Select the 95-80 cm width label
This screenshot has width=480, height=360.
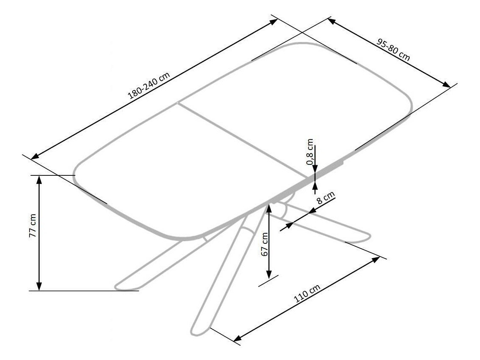(x=393, y=50)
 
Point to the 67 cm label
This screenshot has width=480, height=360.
(x=265, y=244)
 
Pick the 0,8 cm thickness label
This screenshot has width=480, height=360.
(x=311, y=151)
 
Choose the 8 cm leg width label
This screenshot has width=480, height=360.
(x=326, y=198)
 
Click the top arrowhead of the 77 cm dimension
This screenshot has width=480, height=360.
(x=39, y=180)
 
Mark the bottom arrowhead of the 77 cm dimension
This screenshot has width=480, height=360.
(x=39, y=286)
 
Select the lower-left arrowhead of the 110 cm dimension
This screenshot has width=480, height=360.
(x=238, y=338)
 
